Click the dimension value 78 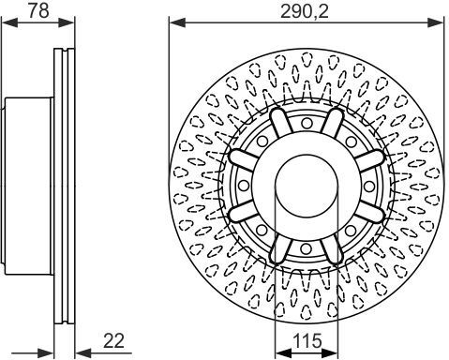point(38,10)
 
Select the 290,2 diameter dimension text point(305,11)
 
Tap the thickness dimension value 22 point(113,340)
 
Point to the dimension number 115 point(307,340)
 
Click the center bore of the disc point(307,186)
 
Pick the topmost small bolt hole point(307,123)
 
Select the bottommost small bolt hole point(306,249)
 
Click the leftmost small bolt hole point(244,186)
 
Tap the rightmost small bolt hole point(369,186)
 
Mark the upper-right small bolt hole point(352,142)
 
